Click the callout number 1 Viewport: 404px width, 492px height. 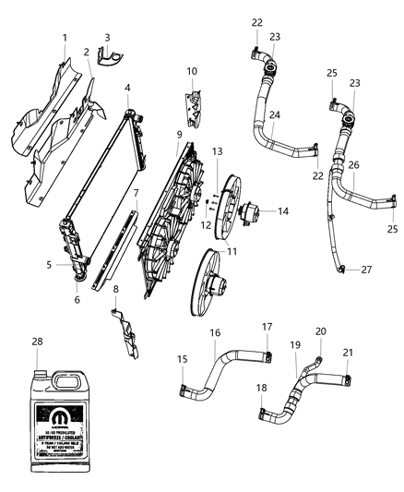click(x=65, y=37)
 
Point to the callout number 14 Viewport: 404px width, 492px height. click(x=283, y=211)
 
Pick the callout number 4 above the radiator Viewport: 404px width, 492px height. click(x=127, y=88)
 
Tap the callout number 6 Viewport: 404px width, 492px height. click(x=77, y=300)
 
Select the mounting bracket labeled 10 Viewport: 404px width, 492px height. click(x=194, y=108)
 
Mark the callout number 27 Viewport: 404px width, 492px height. click(x=367, y=270)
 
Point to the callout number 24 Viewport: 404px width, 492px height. click(x=276, y=115)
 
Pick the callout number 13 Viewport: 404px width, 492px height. click(x=217, y=150)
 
